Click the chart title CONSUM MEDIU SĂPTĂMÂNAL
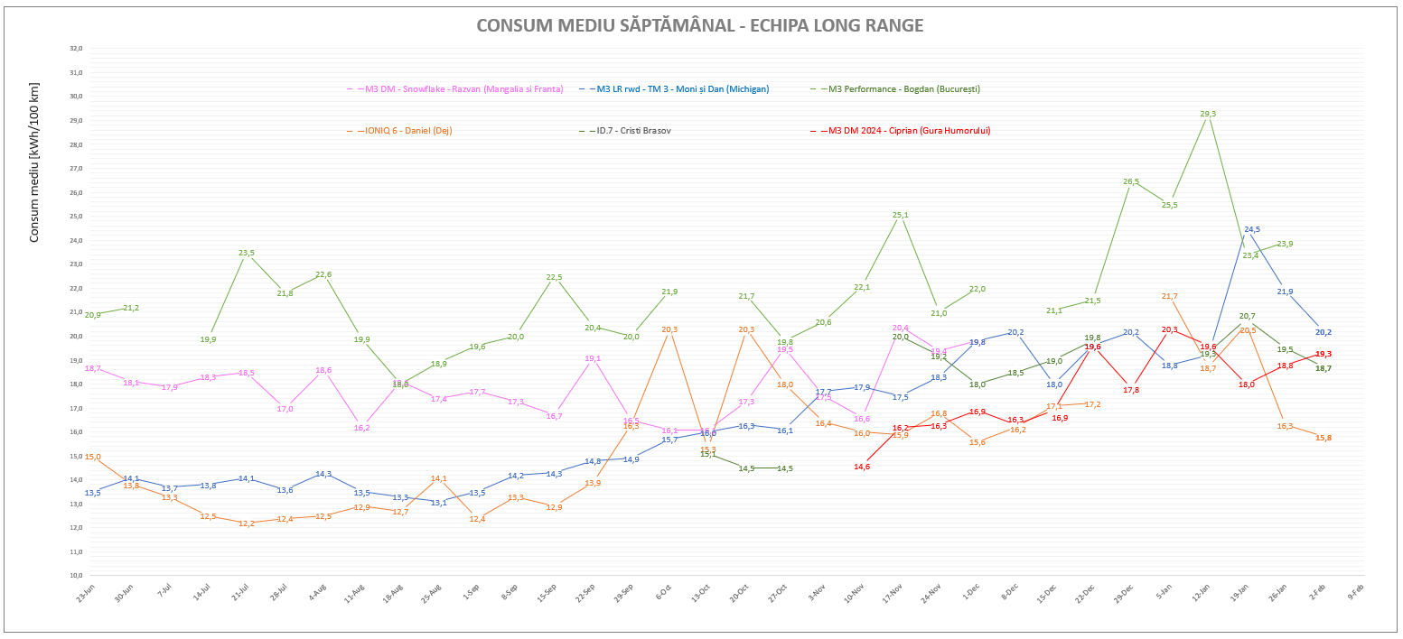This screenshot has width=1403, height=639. click(x=699, y=25)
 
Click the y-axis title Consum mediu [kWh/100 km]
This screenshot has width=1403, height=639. click(x=34, y=162)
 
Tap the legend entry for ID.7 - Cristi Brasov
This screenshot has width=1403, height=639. click(x=633, y=131)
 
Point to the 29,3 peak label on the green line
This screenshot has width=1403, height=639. click(x=1208, y=114)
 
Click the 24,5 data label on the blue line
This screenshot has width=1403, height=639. click(x=1252, y=229)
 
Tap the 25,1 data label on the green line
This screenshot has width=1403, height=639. click(x=900, y=215)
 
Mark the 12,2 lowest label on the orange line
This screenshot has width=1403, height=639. click(x=246, y=523)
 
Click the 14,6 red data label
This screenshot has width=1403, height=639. click(x=862, y=467)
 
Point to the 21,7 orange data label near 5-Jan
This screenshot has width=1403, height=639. click(x=1169, y=296)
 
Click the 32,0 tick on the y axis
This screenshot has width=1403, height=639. click(x=77, y=48)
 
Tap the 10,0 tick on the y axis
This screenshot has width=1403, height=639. click(x=77, y=575)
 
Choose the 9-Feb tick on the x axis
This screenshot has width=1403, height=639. click(x=1356, y=592)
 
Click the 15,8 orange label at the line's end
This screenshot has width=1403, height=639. click(x=1323, y=438)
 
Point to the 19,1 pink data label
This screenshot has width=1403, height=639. click(x=593, y=358)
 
